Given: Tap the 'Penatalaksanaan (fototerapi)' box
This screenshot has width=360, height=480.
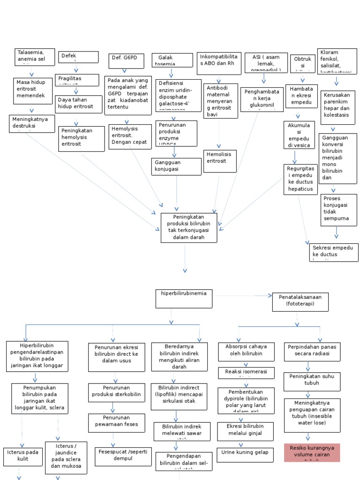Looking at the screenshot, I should pyautogui.click(x=300, y=302).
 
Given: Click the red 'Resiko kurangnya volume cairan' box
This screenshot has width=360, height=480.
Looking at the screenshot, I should pyautogui.click(x=312, y=453).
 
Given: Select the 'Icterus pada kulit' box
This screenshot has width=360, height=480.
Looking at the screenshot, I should pyautogui.click(x=23, y=456).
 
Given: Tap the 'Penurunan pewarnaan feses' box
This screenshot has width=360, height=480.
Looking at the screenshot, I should pyautogui.click(x=116, y=422).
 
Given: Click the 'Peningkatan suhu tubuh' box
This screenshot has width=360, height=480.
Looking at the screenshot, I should pyautogui.click(x=312, y=382).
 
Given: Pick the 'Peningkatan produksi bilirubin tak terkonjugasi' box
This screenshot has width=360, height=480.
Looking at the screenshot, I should pyautogui.click(x=189, y=227).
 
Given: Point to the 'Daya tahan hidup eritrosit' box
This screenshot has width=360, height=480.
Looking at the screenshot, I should pyautogui.click(x=79, y=104).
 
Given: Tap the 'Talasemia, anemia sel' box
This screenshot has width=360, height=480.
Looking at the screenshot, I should pyautogui.click(x=35, y=56).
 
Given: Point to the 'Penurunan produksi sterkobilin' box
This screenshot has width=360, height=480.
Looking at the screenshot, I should pyautogui.click(x=116, y=392).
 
